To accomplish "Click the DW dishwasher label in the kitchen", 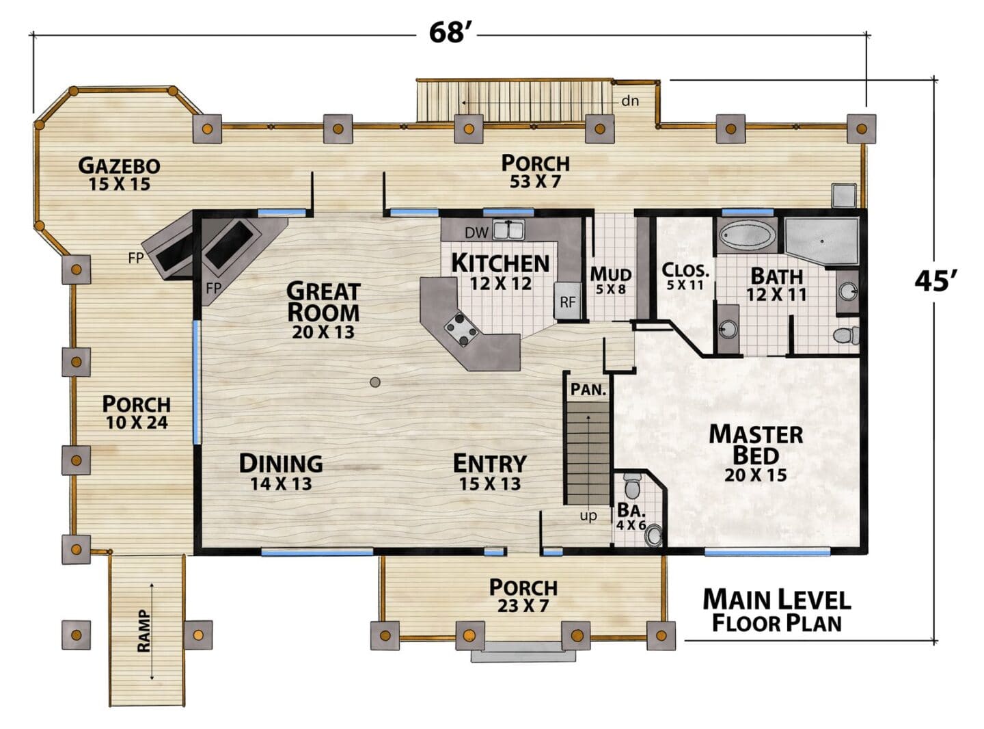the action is (x=476, y=233).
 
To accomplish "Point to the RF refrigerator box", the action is (x=567, y=301).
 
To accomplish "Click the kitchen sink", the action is (x=509, y=230).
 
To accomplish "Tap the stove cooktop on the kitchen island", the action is (x=461, y=329).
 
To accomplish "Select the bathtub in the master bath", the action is (x=747, y=235).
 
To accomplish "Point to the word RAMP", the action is (x=143, y=631).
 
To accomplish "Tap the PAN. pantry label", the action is (x=588, y=389).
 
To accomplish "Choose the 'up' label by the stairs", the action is (x=588, y=516).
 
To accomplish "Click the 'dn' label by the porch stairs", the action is (x=630, y=101).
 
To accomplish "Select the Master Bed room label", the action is (x=756, y=453).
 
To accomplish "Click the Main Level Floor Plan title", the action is (x=777, y=611).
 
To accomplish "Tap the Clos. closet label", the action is (x=685, y=276).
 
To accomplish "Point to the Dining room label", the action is (x=281, y=471).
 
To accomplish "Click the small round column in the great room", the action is (x=375, y=382).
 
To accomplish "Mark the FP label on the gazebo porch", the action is (x=136, y=258).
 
